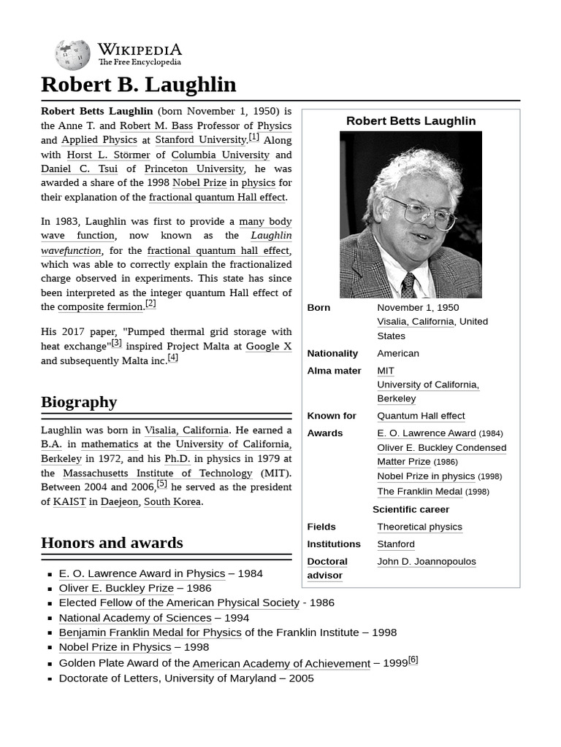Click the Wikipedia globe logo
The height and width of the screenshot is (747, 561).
(72, 55)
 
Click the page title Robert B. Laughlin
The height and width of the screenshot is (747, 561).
(139, 85)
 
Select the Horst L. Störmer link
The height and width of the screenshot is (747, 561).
(108, 155)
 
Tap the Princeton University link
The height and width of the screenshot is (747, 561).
(194, 169)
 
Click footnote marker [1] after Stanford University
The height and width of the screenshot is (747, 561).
(253, 137)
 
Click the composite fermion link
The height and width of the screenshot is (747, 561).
(100, 307)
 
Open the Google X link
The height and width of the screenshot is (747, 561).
(268, 347)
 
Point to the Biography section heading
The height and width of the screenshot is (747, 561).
(79, 402)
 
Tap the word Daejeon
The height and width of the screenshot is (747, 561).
(119, 502)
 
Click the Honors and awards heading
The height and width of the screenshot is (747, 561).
(112, 543)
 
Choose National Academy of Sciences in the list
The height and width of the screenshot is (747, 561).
(135, 618)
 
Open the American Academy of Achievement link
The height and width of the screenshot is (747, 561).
(281, 664)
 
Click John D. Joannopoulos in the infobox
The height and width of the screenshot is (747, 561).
(426, 562)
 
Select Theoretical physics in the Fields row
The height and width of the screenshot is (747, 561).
(419, 527)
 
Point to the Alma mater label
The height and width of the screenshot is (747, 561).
(334, 371)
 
